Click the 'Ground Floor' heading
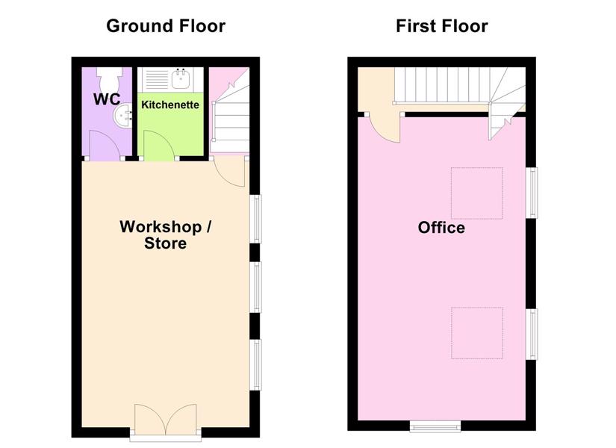tap(166, 26)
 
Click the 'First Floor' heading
tap(442, 26)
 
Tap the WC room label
tap(107, 99)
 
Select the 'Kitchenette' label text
tap(170, 105)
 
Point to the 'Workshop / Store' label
tap(166, 234)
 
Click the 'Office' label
tap(441, 228)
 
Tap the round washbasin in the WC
tap(123, 116)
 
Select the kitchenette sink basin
tap(181, 79)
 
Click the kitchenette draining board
tap(157, 79)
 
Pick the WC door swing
tap(105, 146)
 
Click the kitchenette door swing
tap(159, 146)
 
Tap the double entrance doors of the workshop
tap(166, 420)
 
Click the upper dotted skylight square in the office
tap(477, 193)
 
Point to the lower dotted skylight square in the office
tap(477, 333)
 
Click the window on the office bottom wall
tap(435, 426)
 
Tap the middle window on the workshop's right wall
tap(255, 287)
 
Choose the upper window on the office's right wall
tap(532, 193)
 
